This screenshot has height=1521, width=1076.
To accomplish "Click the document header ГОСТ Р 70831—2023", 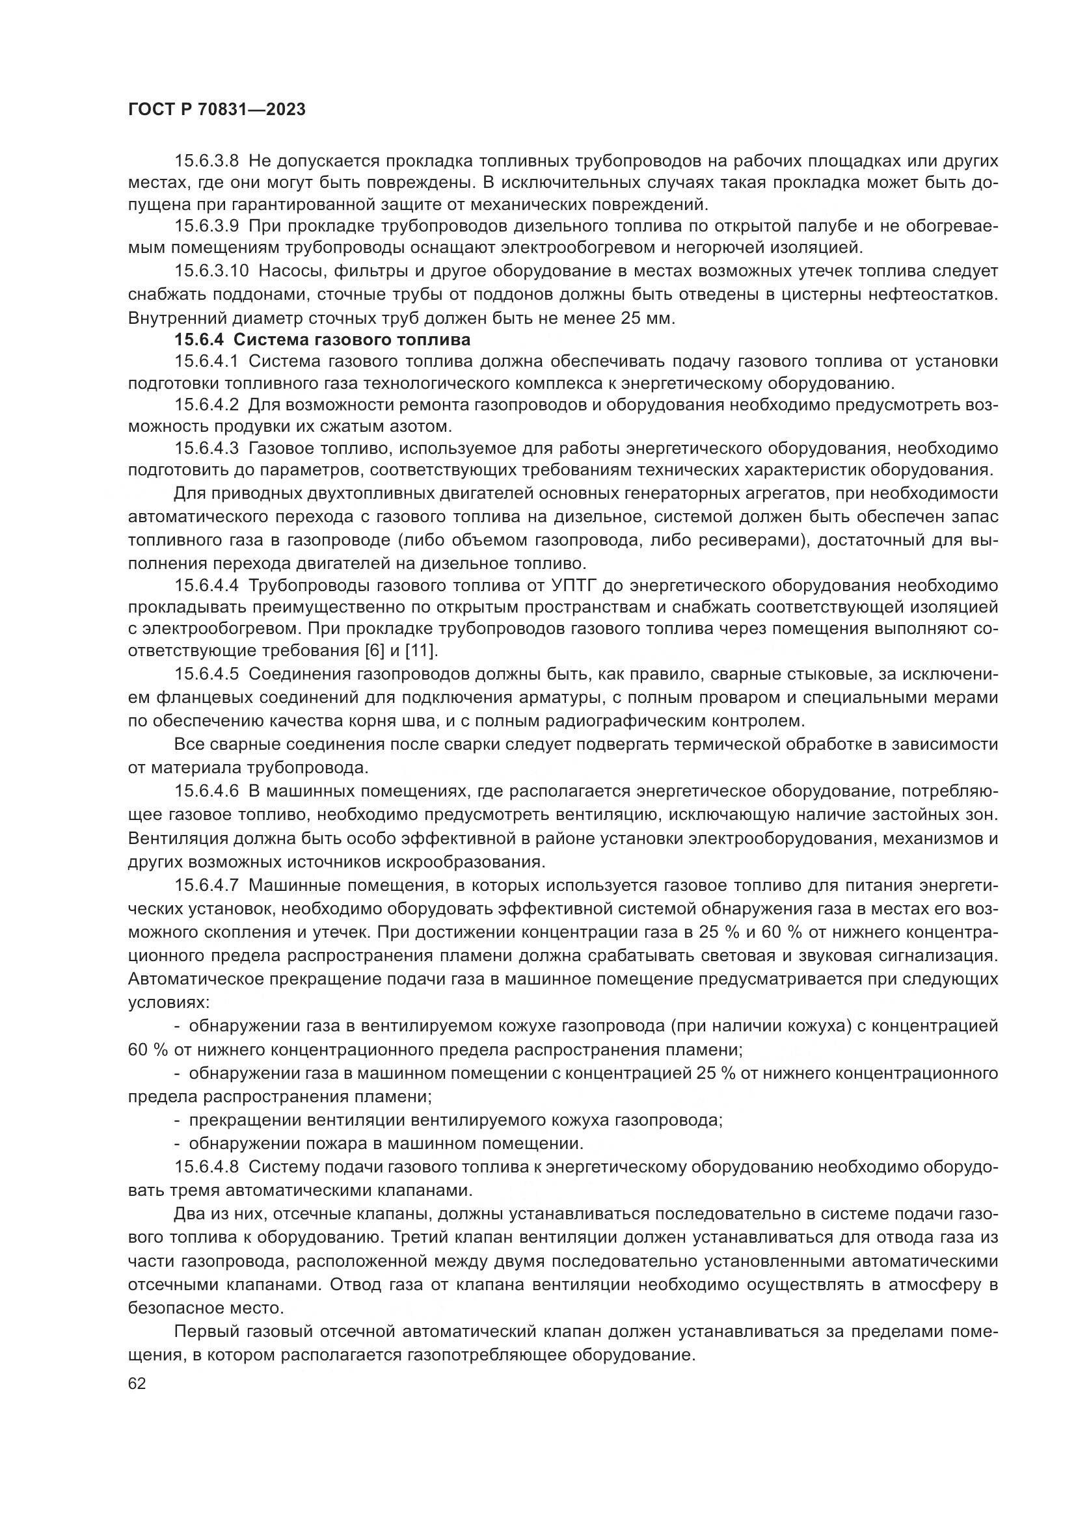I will tap(217, 110).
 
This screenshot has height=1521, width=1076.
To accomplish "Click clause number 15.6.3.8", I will tap(206, 162).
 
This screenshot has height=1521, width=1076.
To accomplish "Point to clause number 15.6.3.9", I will tap(206, 226).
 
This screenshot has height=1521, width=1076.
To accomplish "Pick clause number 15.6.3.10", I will tap(211, 271).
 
